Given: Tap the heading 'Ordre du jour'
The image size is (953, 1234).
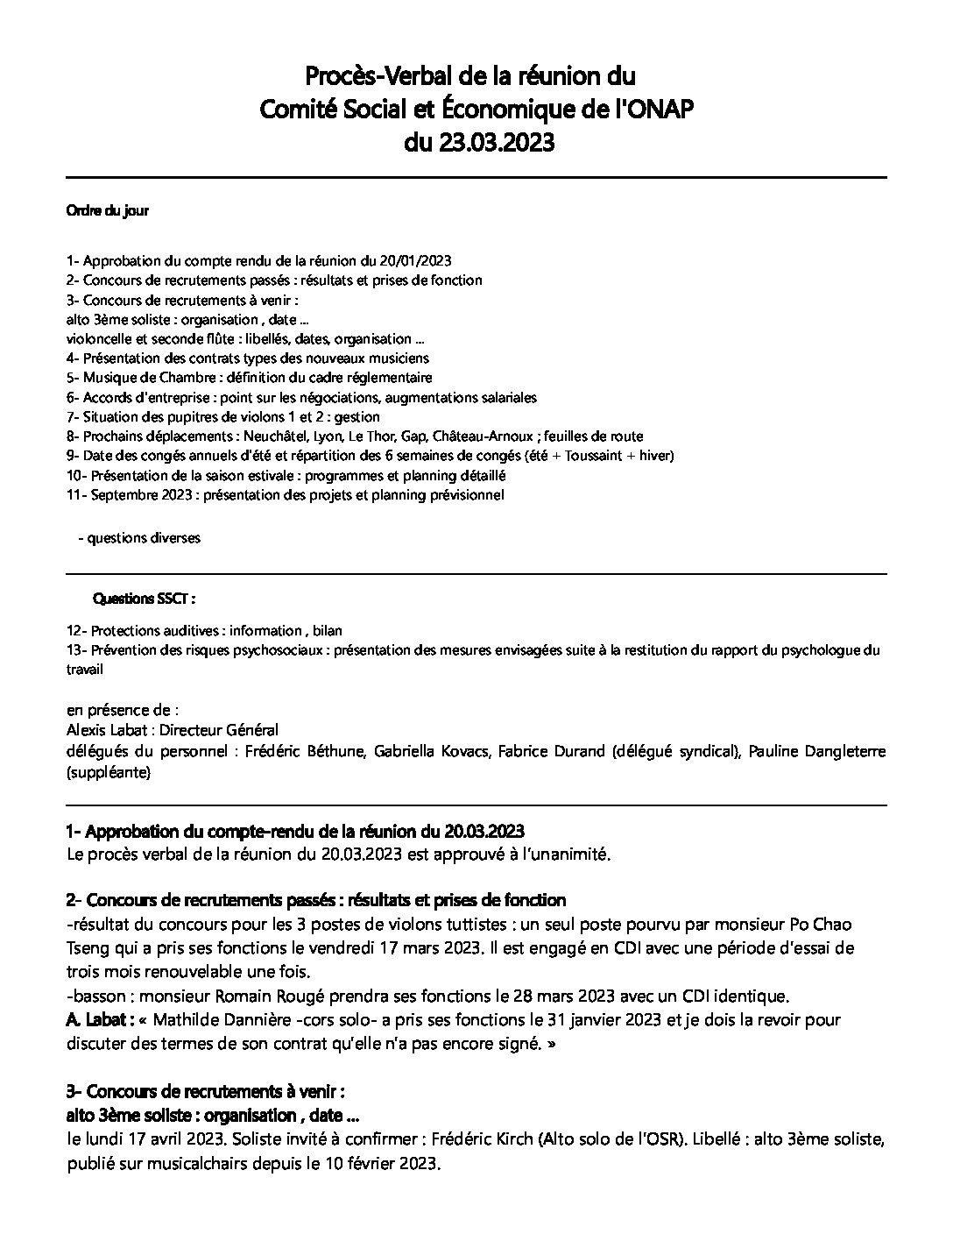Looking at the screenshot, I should coord(108,211).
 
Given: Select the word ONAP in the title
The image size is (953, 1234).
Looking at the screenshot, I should coord(650,109).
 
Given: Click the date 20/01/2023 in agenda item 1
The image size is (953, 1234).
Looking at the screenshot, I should coord(416,261).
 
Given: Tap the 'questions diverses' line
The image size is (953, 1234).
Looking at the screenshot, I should coord(143,538).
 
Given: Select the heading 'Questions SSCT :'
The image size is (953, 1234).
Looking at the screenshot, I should coord(144,599).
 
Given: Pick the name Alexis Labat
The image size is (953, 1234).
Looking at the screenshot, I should coord(102,730).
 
